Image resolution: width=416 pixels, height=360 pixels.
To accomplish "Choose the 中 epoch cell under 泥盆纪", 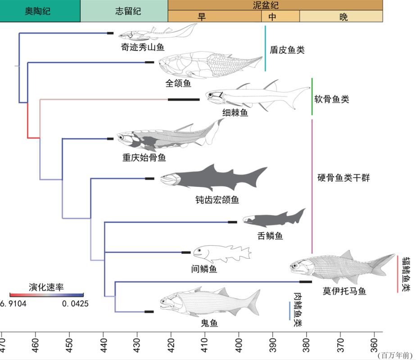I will tap(272, 17).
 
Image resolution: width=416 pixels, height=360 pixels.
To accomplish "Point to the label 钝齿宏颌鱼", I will tap(217, 199).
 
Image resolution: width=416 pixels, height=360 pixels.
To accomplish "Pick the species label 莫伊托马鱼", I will tap(344, 291).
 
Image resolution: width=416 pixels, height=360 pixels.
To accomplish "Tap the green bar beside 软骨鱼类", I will tap(312, 96).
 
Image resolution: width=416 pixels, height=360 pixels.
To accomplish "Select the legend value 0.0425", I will tap(75, 303).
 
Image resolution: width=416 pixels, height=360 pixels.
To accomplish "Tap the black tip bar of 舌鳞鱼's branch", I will tap(232, 222).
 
